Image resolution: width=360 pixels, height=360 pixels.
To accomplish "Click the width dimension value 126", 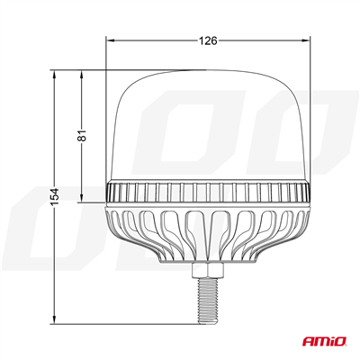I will tap(209, 40).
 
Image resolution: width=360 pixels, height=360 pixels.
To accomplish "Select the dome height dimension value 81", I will tap(81, 135).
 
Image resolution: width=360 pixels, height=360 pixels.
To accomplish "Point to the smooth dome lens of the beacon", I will tap(209, 126).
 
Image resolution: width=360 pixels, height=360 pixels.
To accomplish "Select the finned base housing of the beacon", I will tap(209, 229).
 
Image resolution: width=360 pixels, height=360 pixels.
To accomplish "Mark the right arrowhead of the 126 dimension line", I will tap(309, 40).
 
